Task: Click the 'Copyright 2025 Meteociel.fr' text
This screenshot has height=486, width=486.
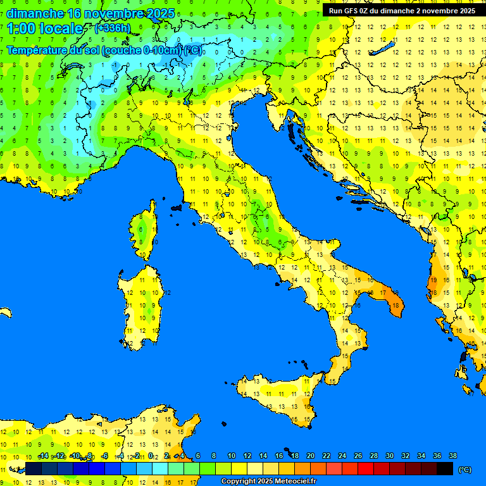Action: tap(268, 482)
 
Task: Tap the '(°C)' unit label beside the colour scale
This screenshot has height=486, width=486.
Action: tap(464, 470)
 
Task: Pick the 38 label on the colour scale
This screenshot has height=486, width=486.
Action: tap(452, 456)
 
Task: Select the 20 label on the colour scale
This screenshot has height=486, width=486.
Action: tap(310, 456)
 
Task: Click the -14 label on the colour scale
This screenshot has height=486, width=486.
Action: tap(44, 456)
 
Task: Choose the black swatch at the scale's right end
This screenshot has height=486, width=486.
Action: tap(445, 469)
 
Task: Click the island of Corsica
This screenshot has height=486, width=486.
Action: tap(144, 231)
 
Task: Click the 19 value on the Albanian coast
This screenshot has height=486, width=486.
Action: tap(433, 280)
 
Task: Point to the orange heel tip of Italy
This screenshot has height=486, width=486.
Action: tap(394, 304)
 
